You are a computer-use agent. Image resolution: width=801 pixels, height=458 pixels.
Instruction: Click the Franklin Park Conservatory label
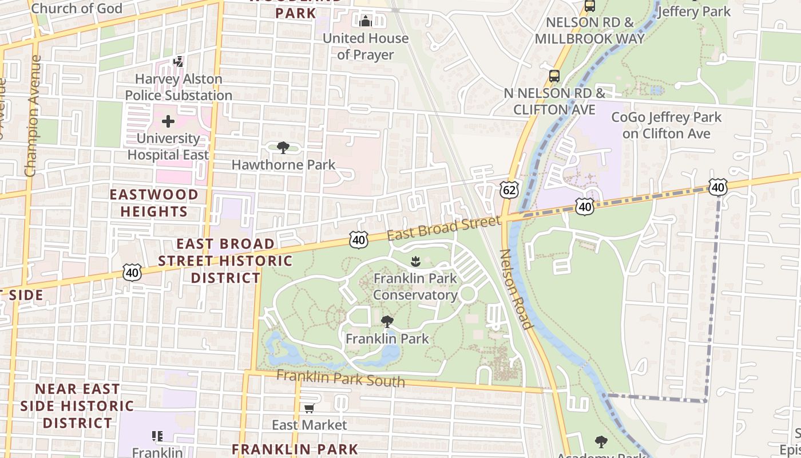point(415,287)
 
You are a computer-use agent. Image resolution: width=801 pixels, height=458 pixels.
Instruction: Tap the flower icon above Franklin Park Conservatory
point(415,262)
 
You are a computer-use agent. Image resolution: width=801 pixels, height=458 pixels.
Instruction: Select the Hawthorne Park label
point(283,165)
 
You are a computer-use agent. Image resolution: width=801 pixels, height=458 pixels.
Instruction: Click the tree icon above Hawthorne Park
point(283,148)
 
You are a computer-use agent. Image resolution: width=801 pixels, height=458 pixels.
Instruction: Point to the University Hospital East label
point(168,147)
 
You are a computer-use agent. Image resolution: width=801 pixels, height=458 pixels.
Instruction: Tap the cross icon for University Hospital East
point(168,121)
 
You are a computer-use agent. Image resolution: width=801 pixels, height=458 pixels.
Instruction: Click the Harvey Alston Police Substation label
point(179,87)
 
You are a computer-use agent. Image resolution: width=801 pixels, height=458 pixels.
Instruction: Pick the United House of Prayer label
point(366,46)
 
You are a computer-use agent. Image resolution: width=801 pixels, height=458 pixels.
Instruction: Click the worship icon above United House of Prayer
point(366,22)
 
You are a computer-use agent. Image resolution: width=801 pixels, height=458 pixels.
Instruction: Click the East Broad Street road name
point(443,228)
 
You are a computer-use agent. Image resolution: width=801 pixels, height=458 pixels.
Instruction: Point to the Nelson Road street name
point(516,289)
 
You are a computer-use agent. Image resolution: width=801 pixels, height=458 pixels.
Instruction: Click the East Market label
point(309,425)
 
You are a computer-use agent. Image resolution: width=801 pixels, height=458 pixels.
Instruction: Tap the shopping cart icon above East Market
point(309,408)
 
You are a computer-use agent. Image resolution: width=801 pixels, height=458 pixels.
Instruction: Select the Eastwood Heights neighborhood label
point(154,203)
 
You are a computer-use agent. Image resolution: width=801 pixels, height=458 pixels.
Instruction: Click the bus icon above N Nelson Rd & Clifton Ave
point(554,76)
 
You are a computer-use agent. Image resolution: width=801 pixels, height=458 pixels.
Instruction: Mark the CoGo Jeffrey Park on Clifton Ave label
point(667,125)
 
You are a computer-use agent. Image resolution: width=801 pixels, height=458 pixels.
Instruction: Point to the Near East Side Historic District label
point(77,406)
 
